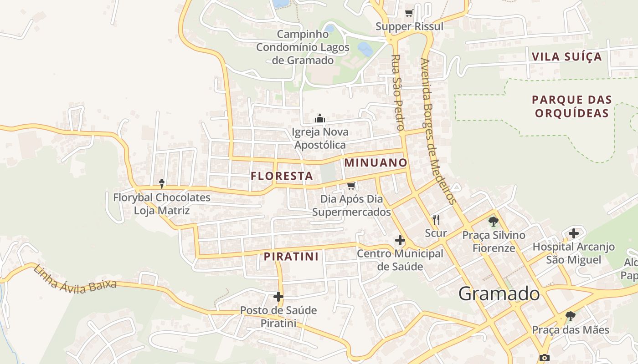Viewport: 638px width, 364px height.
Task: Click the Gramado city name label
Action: pyautogui.click(x=499, y=294)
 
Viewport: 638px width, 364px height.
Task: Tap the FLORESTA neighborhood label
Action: pyautogui.click(x=282, y=176)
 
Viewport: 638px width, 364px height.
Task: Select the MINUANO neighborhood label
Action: pyautogui.click(x=376, y=162)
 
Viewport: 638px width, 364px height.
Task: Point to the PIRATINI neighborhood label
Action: pyautogui.click(x=291, y=257)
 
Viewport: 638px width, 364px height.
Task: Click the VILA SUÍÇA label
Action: pyautogui.click(x=566, y=57)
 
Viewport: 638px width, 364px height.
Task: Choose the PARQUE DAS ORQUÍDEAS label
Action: pyautogui.click(x=572, y=106)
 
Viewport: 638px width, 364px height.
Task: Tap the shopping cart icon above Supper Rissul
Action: pyautogui.click(x=409, y=13)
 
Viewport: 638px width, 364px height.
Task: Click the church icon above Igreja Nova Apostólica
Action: pyautogui.click(x=320, y=119)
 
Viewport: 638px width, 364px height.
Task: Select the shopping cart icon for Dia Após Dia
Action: pyautogui.click(x=351, y=186)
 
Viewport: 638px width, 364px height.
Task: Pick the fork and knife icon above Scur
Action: pyautogui.click(x=436, y=220)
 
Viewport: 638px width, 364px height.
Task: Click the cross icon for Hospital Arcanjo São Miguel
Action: pyautogui.click(x=574, y=233)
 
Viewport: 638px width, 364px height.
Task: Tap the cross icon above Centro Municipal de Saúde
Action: pyautogui.click(x=400, y=240)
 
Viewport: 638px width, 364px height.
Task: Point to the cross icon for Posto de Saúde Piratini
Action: pyautogui.click(x=278, y=297)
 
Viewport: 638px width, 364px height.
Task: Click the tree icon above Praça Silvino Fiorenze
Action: pyautogui.click(x=493, y=222)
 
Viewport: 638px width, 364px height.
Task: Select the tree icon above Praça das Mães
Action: pyautogui.click(x=570, y=316)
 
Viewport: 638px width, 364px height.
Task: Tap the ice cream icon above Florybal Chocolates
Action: pyautogui.click(x=162, y=183)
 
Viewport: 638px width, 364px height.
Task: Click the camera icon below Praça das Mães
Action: pyautogui.click(x=544, y=358)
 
